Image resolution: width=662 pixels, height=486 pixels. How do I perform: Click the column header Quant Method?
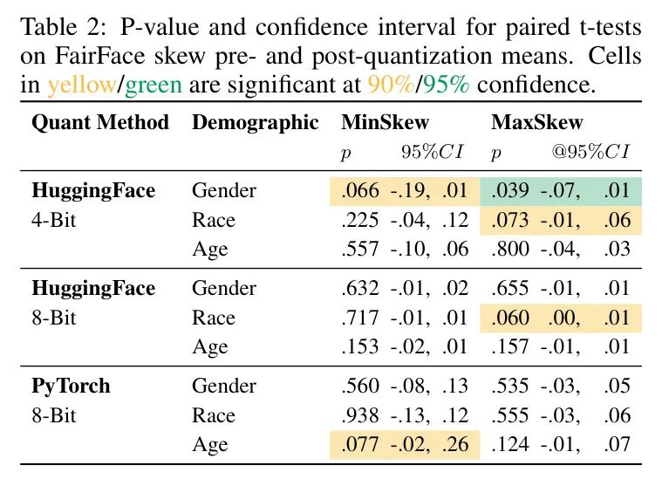click(99, 123)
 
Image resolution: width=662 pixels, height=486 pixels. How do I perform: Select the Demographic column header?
click(255, 123)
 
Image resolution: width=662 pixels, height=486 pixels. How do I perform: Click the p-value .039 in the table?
click(508, 191)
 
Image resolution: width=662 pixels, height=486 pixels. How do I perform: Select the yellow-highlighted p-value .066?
click(359, 191)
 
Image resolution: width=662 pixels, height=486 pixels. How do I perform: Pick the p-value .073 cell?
click(508, 221)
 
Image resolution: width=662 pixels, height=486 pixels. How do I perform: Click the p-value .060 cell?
click(508, 318)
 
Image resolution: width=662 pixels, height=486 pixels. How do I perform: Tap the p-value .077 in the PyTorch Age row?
click(359, 446)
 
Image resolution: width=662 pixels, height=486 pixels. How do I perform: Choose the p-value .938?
click(359, 415)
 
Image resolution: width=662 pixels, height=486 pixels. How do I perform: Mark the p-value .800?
click(508, 250)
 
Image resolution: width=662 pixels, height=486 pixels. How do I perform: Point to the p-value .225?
click(359, 221)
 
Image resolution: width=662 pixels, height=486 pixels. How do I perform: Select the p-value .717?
click(359, 318)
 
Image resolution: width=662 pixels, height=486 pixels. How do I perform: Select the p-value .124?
click(508, 446)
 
